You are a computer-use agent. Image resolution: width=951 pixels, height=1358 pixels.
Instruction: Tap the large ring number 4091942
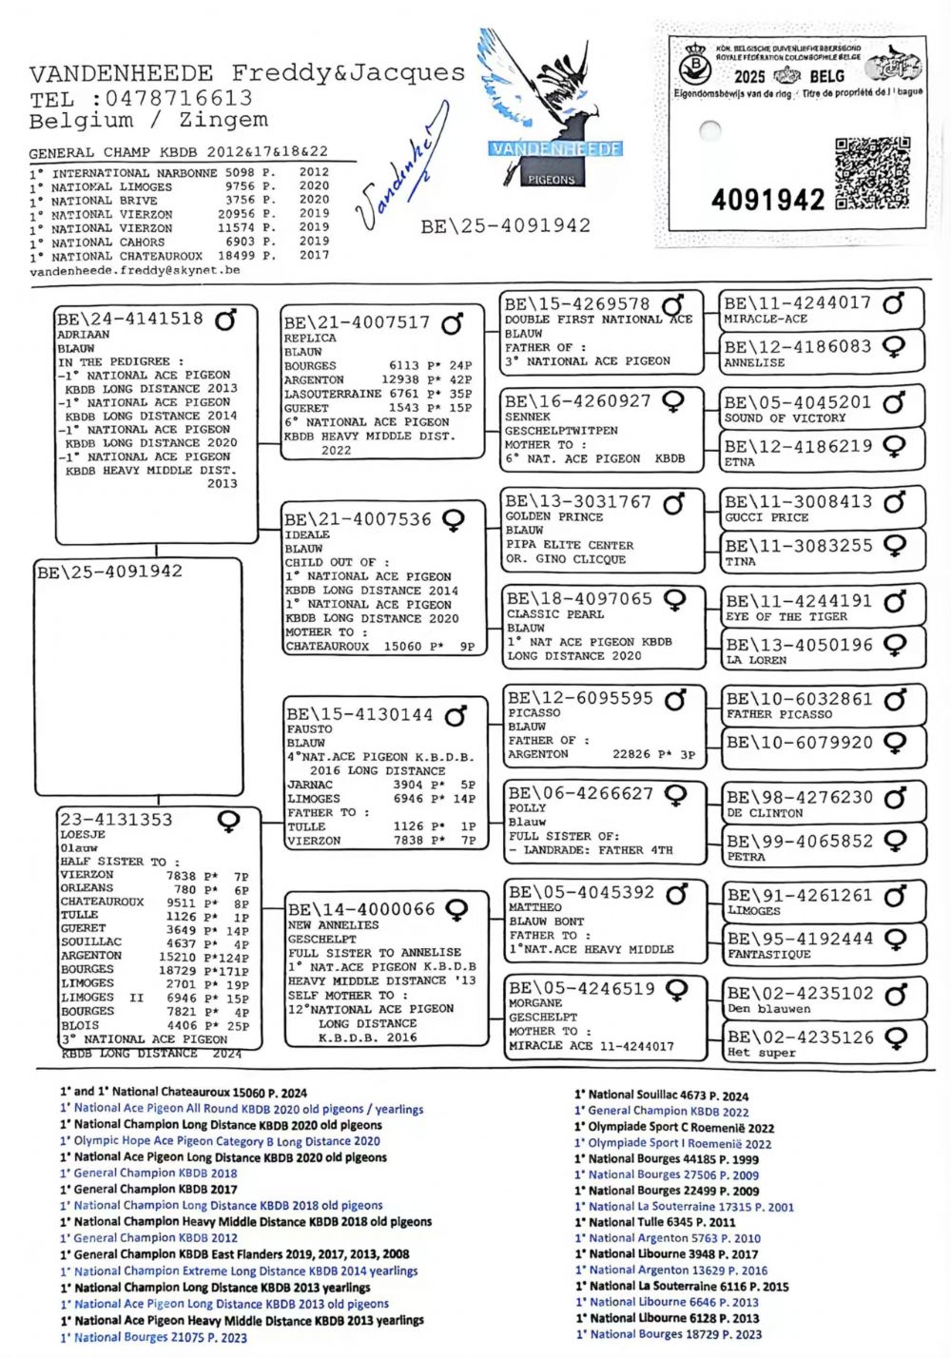point(767,200)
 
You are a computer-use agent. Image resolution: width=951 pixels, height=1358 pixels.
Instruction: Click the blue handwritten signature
point(400,181)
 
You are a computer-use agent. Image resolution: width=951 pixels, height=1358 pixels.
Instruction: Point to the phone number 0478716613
point(179,98)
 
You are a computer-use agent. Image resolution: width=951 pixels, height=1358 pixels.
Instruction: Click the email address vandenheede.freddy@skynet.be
point(134,271)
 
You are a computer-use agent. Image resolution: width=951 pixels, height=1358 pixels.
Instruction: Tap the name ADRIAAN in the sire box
point(84,335)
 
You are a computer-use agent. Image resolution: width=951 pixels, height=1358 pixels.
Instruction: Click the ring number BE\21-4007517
point(358,323)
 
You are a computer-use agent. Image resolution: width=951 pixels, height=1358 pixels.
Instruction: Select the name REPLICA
point(310,339)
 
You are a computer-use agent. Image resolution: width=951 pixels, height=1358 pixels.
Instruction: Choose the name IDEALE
point(307,535)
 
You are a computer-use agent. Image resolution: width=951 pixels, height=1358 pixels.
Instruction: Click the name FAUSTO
point(309,729)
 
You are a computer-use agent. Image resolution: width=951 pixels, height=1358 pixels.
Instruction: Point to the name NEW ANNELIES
point(333,924)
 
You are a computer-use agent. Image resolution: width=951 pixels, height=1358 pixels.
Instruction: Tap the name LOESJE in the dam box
point(83,834)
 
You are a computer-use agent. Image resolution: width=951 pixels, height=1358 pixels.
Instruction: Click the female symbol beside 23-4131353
point(229,821)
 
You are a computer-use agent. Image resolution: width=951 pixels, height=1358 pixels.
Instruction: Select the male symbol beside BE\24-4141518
point(225,320)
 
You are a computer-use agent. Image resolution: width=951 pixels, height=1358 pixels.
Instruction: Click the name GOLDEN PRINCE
point(553,516)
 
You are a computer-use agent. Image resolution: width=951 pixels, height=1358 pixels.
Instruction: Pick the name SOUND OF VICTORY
point(785,418)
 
